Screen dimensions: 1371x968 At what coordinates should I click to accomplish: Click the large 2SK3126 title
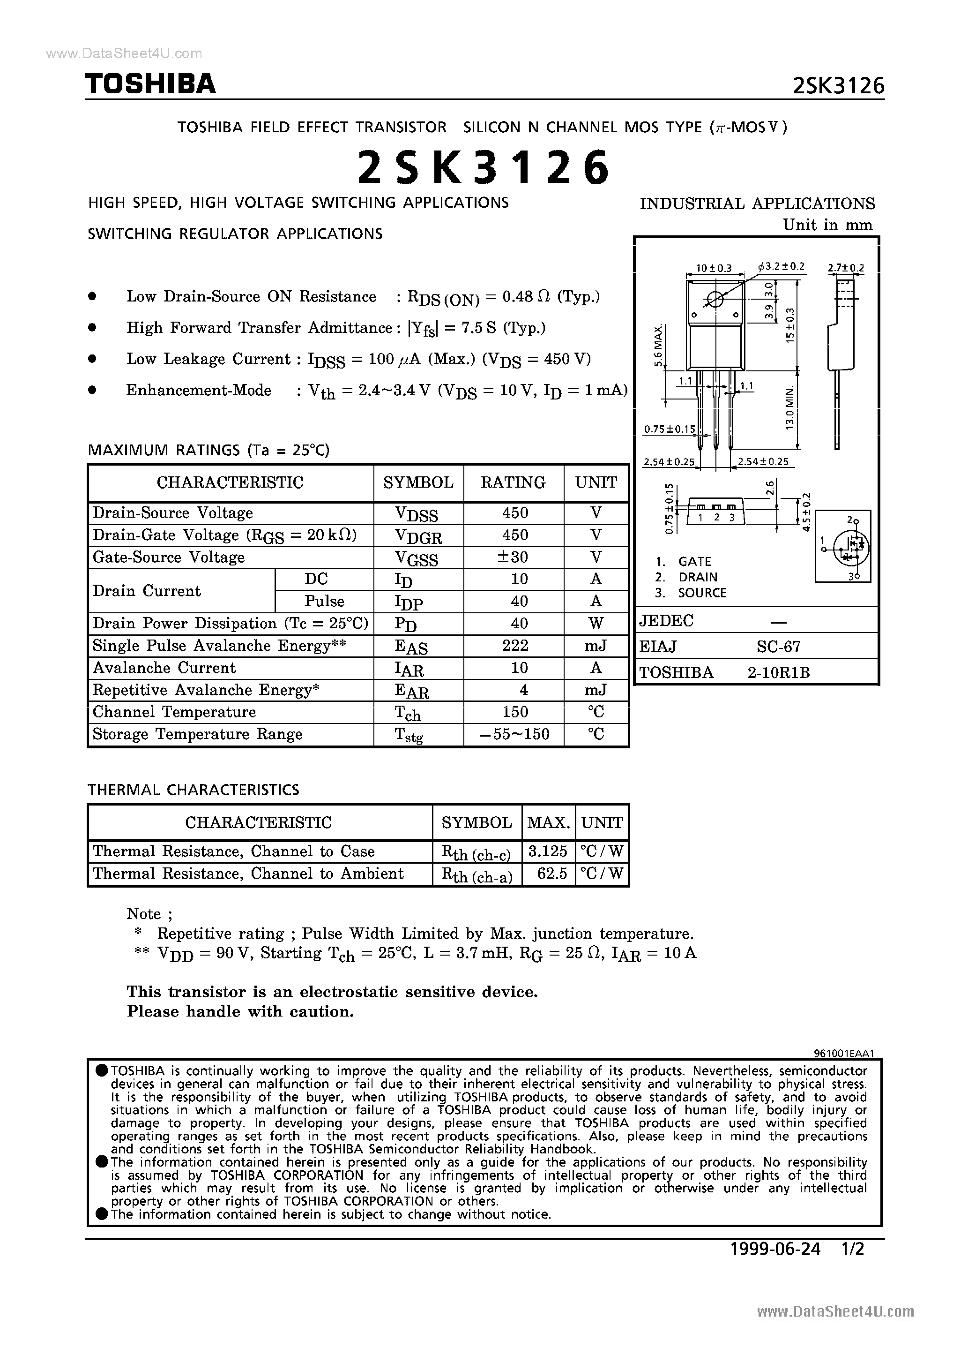tap(484, 168)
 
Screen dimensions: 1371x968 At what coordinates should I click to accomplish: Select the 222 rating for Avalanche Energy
tap(514, 646)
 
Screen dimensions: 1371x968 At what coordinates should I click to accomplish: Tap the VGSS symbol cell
tap(417, 558)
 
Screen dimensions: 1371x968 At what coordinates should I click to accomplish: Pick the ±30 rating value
tap(514, 557)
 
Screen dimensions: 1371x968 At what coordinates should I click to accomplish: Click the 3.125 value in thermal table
tap(547, 851)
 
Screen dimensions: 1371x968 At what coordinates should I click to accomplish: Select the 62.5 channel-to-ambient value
tap(551, 874)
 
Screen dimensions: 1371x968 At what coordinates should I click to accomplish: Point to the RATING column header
tap(513, 482)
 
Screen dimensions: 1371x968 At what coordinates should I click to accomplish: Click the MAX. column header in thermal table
tap(548, 823)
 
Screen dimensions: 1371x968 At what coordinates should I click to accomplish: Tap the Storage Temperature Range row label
tap(198, 734)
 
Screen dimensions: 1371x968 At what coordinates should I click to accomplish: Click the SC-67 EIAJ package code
tap(778, 646)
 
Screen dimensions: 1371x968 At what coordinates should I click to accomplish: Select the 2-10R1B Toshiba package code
tap(778, 673)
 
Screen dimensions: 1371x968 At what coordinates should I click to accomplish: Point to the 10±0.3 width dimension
tap(714, 268)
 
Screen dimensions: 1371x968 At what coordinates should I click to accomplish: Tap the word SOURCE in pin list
tap(702, 593)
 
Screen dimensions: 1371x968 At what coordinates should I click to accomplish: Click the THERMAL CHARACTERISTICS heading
tap(194, 790)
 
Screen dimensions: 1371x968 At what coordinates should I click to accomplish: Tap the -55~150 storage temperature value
tap(514, 734)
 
